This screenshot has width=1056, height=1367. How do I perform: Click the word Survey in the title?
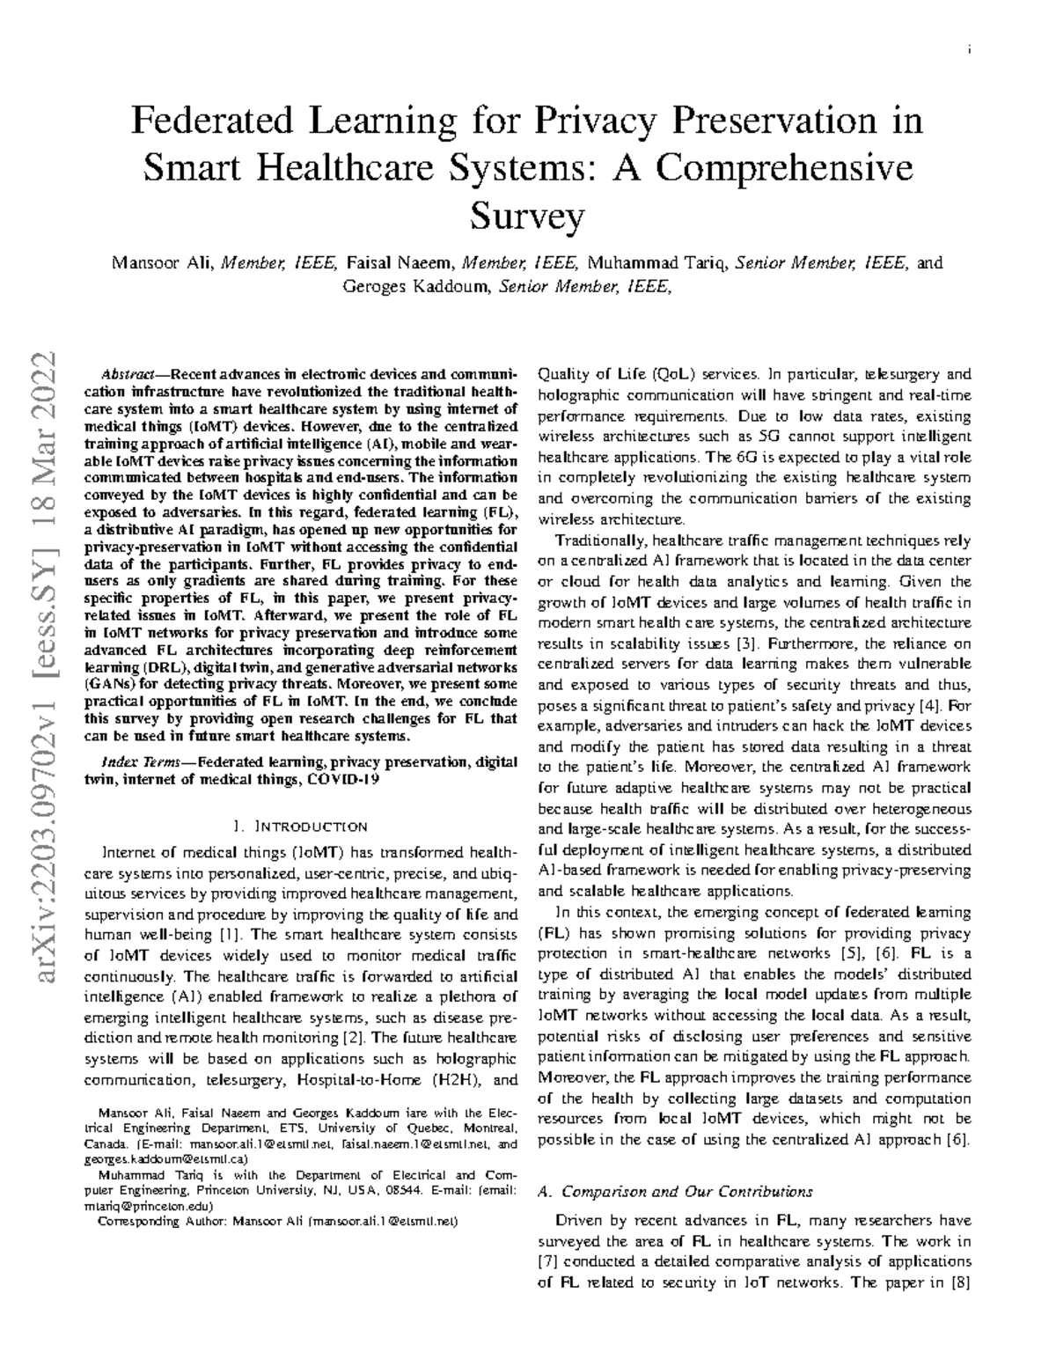tap(527, 215)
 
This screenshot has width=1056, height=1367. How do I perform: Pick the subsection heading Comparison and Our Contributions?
tap(686, 1192)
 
